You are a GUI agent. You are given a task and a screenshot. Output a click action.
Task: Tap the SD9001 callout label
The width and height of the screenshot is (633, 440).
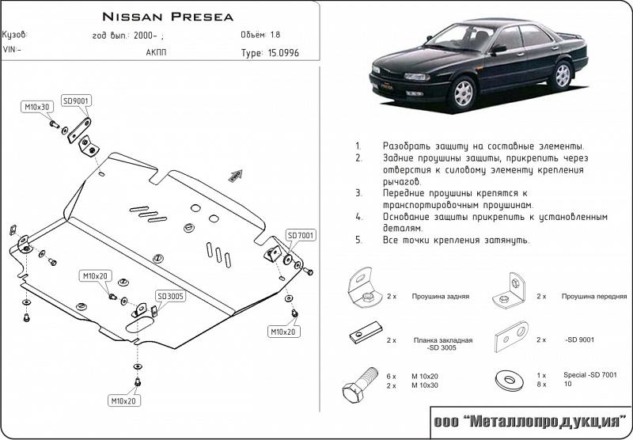pyautogui.click(x=76, y=101)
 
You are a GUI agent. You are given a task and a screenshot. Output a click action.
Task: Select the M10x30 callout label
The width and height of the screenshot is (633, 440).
pyautogui.click(x=36, y=106)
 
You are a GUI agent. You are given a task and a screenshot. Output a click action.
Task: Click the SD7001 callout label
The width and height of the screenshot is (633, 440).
pyautogui.click(x=301, y=236)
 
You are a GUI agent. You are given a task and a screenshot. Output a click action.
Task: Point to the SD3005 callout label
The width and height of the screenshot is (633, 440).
pyautogui.click(x=170, y=297)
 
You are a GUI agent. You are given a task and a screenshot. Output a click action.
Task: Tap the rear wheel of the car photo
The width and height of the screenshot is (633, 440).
pyautogui.click(x=563, y=74)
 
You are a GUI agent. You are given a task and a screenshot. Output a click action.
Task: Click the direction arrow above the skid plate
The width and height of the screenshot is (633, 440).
pyautogui.click(x=235, y=175)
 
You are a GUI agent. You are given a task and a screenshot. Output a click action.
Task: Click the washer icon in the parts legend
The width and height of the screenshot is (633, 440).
pyautogui.click(x=508, y=381)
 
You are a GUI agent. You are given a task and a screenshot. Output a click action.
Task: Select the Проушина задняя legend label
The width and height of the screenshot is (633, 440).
pyautogui.click(x=440, y=296)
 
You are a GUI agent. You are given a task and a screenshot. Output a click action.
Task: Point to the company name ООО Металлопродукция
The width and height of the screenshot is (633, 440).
pyautogui.click(x=529, y=423)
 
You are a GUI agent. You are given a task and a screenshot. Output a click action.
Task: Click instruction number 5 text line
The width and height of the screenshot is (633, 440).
pyautogui.click(x=456, y=240)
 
